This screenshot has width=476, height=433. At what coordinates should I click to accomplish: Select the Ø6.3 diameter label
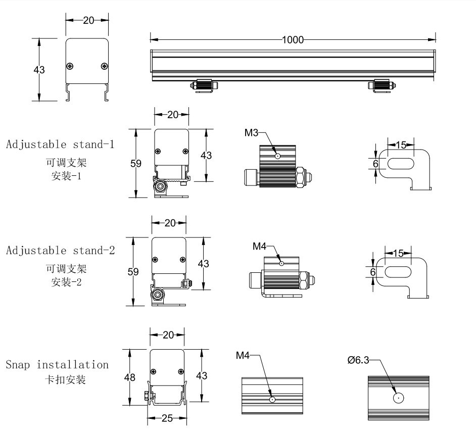click(358, 360)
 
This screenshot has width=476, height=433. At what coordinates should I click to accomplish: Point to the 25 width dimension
click(167, 418)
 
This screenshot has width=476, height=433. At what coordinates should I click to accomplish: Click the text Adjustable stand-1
click(60, 145)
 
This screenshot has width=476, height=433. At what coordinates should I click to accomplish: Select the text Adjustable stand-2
click(60, 251)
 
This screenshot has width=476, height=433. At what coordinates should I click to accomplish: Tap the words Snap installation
click(57, 365)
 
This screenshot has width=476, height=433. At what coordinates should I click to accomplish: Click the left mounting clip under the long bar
click(204, 85)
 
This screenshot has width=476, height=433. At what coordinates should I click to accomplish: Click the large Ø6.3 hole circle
click(399, 398)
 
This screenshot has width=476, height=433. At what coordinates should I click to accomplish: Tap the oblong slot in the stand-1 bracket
click(401, 163)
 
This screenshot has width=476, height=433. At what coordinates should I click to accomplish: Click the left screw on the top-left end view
click(70, 66)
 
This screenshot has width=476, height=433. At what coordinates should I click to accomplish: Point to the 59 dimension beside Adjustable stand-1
click(135, 163)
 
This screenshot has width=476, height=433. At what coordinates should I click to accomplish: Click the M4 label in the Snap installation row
click(243, 356)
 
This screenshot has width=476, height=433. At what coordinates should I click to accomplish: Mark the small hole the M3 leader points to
click(277, 156)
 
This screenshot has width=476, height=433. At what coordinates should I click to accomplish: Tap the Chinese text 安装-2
click(66, 282)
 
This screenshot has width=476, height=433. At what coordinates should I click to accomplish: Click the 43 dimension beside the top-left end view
click(39, 70)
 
